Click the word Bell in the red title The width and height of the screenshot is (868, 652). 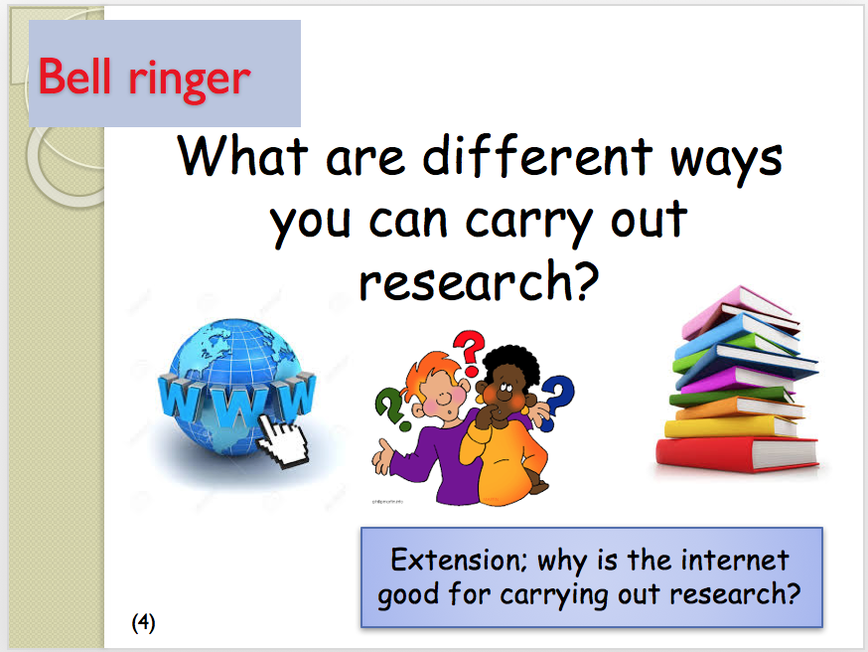point(75,76)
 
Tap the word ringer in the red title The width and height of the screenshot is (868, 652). point(190,81)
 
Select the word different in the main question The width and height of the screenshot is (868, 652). point(538,156)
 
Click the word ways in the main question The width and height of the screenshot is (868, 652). point(726,162)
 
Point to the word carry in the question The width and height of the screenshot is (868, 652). point(528,225)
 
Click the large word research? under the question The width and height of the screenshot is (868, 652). point(480,281)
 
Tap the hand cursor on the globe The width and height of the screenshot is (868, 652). point(282,440)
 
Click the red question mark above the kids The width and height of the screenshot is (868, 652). point(470,353)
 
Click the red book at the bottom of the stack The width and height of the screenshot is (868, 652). point(737,454)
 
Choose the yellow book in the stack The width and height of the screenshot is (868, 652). point(731,427)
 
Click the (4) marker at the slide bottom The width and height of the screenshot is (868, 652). point(143,622)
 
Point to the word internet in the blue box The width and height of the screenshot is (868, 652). point(735,560)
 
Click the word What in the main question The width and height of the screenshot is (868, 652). point(242,156)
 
